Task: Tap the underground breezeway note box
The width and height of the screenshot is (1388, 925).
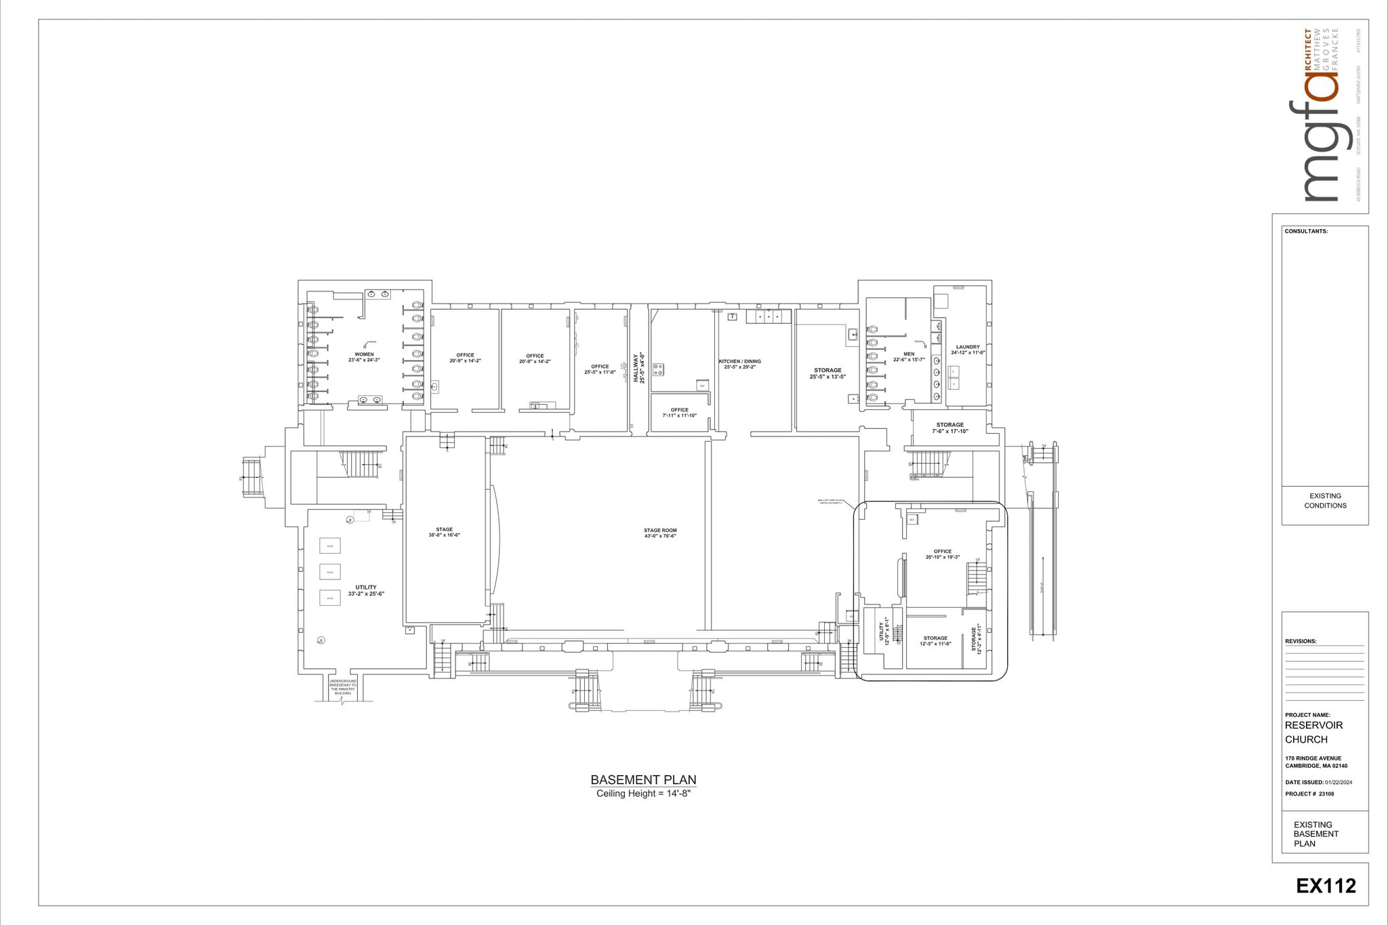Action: pos(343,686)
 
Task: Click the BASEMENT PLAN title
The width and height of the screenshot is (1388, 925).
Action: pos(643,779)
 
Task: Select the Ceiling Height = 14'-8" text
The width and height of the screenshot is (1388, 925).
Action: pos(642,794)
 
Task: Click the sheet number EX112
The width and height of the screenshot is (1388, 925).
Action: pos(1326,886)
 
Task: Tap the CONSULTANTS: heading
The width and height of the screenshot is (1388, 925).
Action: pos(1305,231)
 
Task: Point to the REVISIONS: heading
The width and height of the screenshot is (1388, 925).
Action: pos(1300,641)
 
